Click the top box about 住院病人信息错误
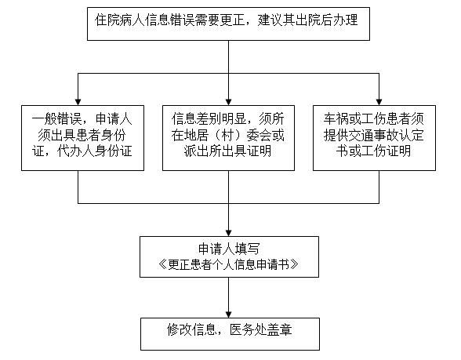pyautogui.click(x=228, y=24)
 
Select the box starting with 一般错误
pyautogui.click(x=82, y=138)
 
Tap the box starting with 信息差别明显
pyautogui.click(x=228, y=138)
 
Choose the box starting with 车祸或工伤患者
pyautogui.click(x=374, y=138)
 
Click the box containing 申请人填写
pyautogui.click(x=229, y=256)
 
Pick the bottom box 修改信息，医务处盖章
pyautogui.click(x=230, y=334)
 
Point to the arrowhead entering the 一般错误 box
pyautogui.click(x=78, y=102)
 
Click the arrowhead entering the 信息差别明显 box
pyautogui.click(x=228, y=102)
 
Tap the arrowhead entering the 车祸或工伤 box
pyautogui.click(x=379, y=102)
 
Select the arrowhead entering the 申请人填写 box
pyautogui.click(x=228, y=233)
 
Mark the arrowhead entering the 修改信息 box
pyautogui.click(x=228, y=314)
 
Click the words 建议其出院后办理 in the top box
pyautogui.click(x=308, y=20)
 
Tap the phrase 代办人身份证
pyautogui.click(x=95, y=151)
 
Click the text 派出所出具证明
pyautogui.click(x=228, y=151)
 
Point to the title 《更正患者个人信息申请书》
pyautogui.click(x=228, y=264)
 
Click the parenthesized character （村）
pyautogui.click(x=228, y=135)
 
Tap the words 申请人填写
pyautogui.click(x=229, y=249)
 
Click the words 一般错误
pyautogui.click(x=56, y=119)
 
